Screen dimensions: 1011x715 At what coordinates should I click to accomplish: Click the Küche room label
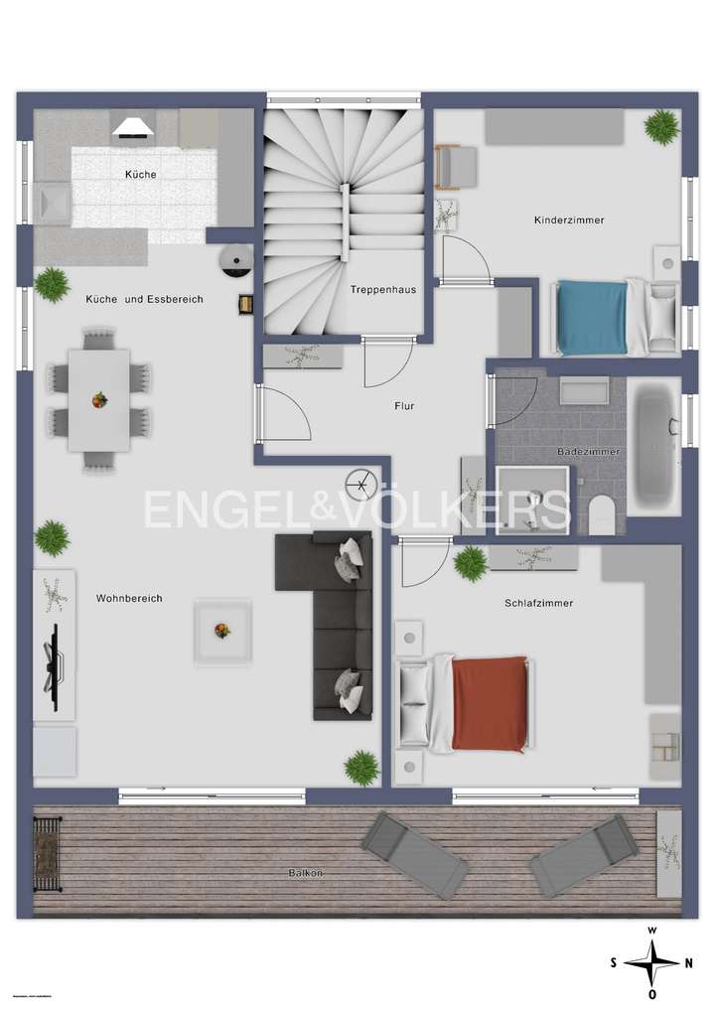tap(140, 175)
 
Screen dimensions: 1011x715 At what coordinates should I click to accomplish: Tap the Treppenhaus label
tap(382, 290)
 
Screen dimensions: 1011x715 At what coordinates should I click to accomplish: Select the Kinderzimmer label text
tap(569, 220)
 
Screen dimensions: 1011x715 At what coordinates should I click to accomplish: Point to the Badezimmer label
tap(588, 452)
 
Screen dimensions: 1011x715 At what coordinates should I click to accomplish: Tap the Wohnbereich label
tap(129, 598)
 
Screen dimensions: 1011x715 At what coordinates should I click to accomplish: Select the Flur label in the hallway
tap(403, 405)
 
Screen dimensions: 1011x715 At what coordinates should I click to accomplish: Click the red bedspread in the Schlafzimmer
tap(489, 703)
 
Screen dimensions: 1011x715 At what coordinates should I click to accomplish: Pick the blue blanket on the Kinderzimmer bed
tap(592, 317)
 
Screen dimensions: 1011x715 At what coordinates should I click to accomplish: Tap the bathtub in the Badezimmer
tap(655, 449)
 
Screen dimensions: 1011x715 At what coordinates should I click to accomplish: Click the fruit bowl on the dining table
tap(99, 400)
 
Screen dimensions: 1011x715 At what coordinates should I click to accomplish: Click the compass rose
tap(651, 961)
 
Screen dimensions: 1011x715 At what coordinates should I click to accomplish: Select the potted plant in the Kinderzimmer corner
tap(660, 126)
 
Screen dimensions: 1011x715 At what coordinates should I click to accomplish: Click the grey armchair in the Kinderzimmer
tap(457, 166)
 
